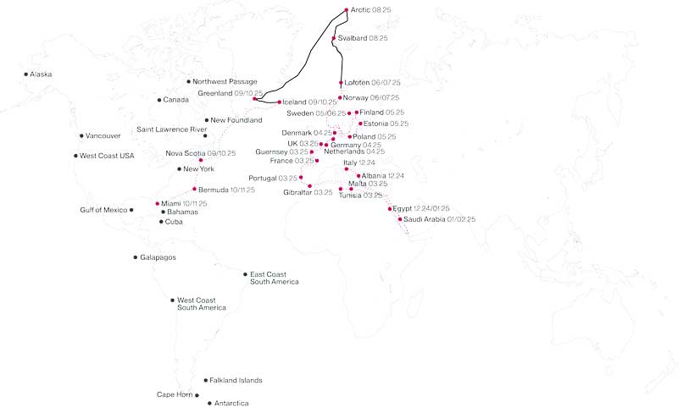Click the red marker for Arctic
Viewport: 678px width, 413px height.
tap(347, 10)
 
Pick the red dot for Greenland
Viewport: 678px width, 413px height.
tap(254, 99)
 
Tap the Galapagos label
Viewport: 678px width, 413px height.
tap(158, 257)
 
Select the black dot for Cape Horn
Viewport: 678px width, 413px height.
tap(197, 394)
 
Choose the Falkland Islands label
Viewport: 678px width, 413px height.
tap(236, 381)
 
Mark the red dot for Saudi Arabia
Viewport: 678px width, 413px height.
tap(399, 219)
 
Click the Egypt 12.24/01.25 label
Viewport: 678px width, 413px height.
tap(421, 208)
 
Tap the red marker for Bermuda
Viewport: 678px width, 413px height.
tap(194, 189)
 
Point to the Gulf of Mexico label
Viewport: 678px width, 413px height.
tap(103, 209)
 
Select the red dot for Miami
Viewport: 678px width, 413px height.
tap(158, 203)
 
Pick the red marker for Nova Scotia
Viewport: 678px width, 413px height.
tap(201, 160)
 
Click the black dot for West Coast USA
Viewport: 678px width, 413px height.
tap(75, 156)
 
